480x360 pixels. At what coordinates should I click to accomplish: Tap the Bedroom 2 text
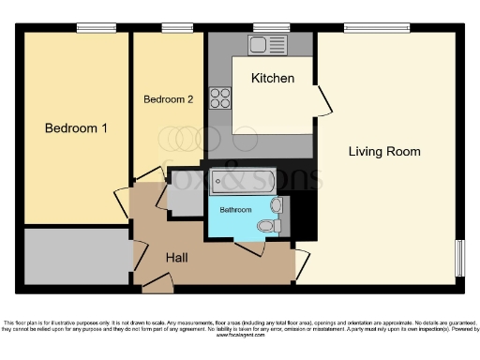point(169,98)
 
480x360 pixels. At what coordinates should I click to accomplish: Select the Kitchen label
point(273,78)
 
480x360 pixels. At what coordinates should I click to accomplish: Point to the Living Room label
point(384,151)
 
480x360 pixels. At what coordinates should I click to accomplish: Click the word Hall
point(180,257)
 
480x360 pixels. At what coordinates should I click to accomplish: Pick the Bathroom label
point(235,210)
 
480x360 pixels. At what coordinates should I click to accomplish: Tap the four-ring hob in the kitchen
point(220,97)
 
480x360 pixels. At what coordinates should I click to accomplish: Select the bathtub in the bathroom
point(242,181)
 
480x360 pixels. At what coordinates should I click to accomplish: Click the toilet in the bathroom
point(265,226)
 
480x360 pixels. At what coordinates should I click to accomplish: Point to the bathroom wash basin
point(276,204)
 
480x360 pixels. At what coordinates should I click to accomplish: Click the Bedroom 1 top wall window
point(90,27)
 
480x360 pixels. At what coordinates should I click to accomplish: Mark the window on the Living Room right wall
point(460,257)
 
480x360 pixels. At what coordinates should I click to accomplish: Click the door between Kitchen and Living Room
point(322,100)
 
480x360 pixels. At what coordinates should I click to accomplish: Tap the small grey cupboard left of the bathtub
point(183,195)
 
